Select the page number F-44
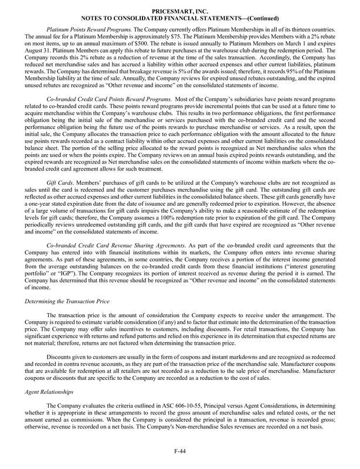click(179, 451)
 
